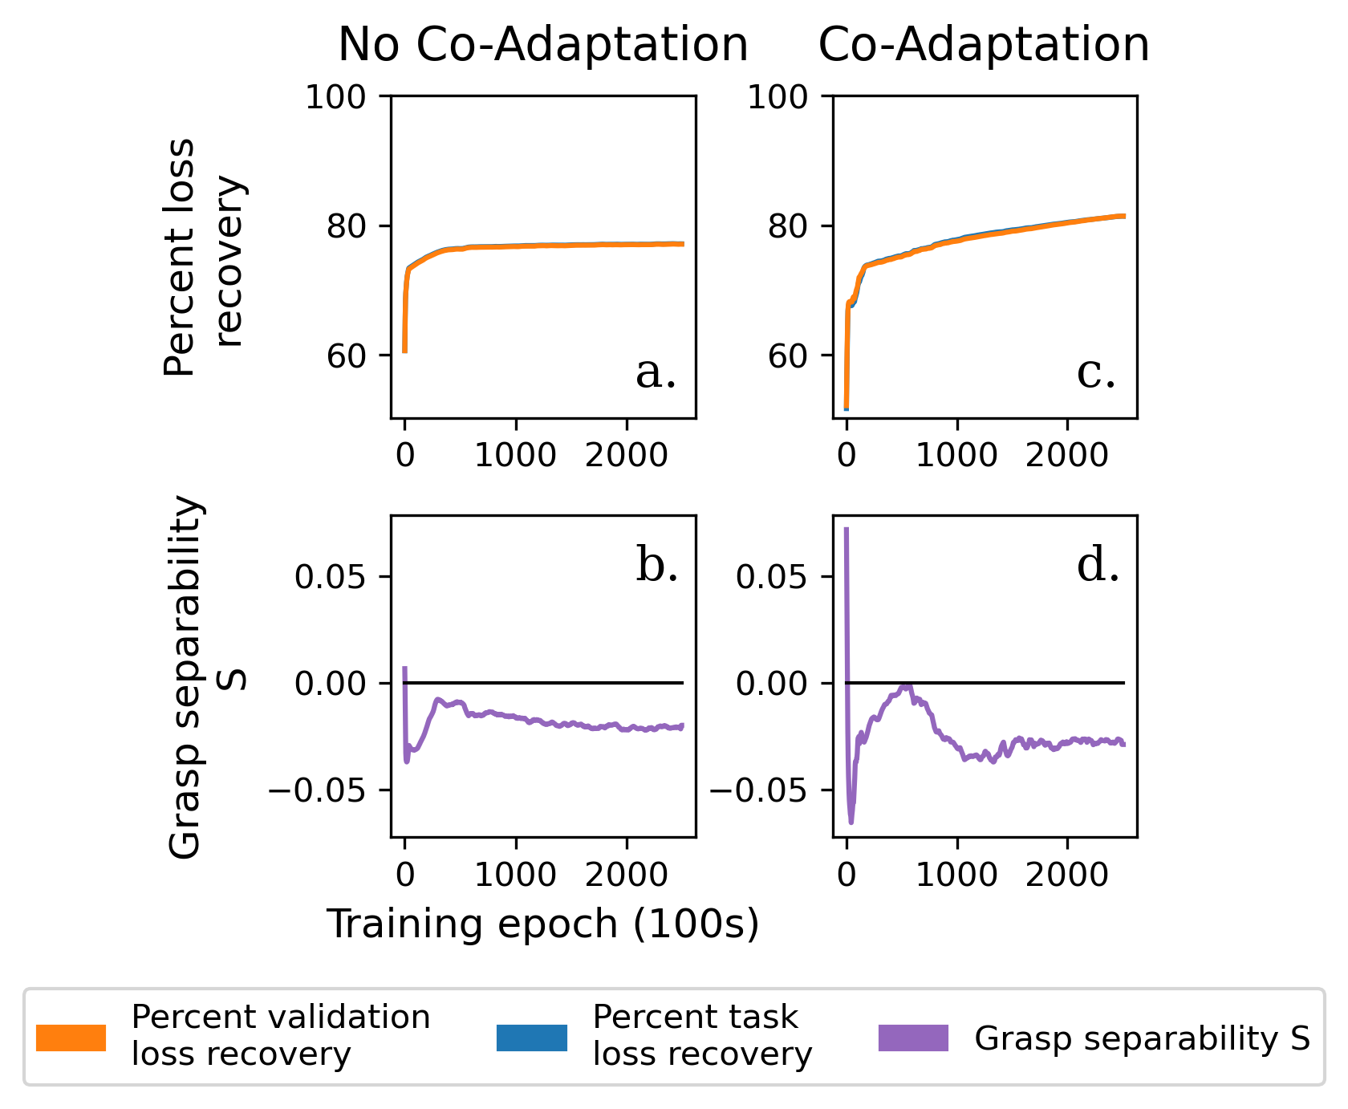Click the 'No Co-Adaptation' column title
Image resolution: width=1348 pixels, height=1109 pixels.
[x=542, y=45]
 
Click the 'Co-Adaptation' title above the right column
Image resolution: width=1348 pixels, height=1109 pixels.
[x=984, y=45]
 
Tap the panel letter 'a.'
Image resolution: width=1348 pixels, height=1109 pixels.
[x=656, y=373]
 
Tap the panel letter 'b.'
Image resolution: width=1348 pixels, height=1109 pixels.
[x=657, y=566]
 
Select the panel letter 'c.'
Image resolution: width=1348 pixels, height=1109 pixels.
[x=1096, y=373]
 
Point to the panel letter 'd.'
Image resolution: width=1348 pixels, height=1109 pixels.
[x=1098, y=566]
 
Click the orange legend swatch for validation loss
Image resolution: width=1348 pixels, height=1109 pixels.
[x=71, y=1038]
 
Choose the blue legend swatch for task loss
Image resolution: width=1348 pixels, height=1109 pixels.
[x=532, y=1038]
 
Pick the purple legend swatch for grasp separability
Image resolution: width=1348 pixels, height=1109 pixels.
[x=913, y=1038]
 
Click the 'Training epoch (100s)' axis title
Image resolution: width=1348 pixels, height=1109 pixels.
[x=542, y=924]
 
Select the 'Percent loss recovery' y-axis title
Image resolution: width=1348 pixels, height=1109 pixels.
[x=204, y=257]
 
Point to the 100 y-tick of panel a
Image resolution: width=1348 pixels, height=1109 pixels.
[x=347, y=97]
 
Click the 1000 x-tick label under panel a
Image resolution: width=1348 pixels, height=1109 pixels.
[x=515, y=456]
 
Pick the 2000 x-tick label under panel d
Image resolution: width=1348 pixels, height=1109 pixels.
[x=1066, y=875]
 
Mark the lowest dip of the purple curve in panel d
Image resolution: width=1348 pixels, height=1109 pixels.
[x=851, y=822]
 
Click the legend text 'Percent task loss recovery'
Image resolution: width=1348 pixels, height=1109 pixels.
[x=702, y=1036]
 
